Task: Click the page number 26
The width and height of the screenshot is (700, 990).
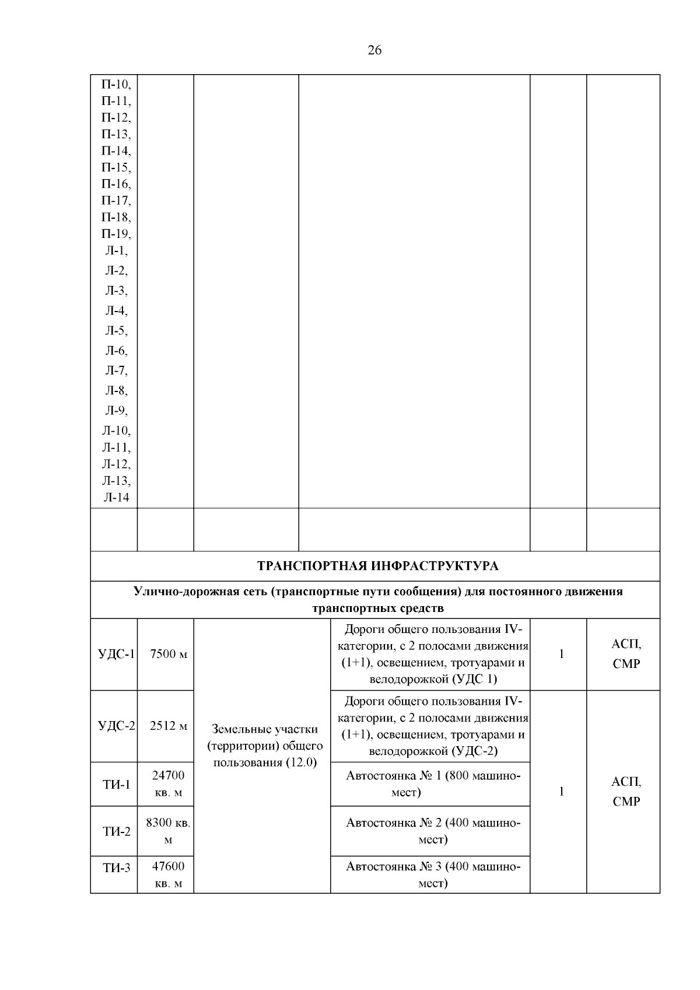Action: coord(374,50)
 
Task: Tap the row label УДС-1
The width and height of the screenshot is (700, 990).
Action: coord(116,654)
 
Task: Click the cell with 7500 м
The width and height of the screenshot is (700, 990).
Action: coord(168,654)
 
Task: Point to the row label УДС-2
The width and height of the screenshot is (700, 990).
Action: coord(116,726)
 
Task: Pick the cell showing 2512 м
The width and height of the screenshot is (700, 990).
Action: coord(168,726)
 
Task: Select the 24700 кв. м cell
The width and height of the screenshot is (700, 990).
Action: coord(168,783)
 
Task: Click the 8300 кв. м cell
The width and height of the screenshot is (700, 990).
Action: coord(168,831)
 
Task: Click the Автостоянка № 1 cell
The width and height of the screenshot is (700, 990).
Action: coord(432,783)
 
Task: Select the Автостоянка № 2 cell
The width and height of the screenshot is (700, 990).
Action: coord(432,831)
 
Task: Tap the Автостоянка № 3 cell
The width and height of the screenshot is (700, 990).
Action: coord(432,874)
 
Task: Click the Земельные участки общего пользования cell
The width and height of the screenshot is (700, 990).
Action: coord(264,746)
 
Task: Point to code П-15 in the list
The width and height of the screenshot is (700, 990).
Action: coord(116,168)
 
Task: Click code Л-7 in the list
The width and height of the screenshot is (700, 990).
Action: coord(116,370)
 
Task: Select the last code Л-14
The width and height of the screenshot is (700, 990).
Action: coord(116,498)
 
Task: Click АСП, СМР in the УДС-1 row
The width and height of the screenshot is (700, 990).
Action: coord(625,654)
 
